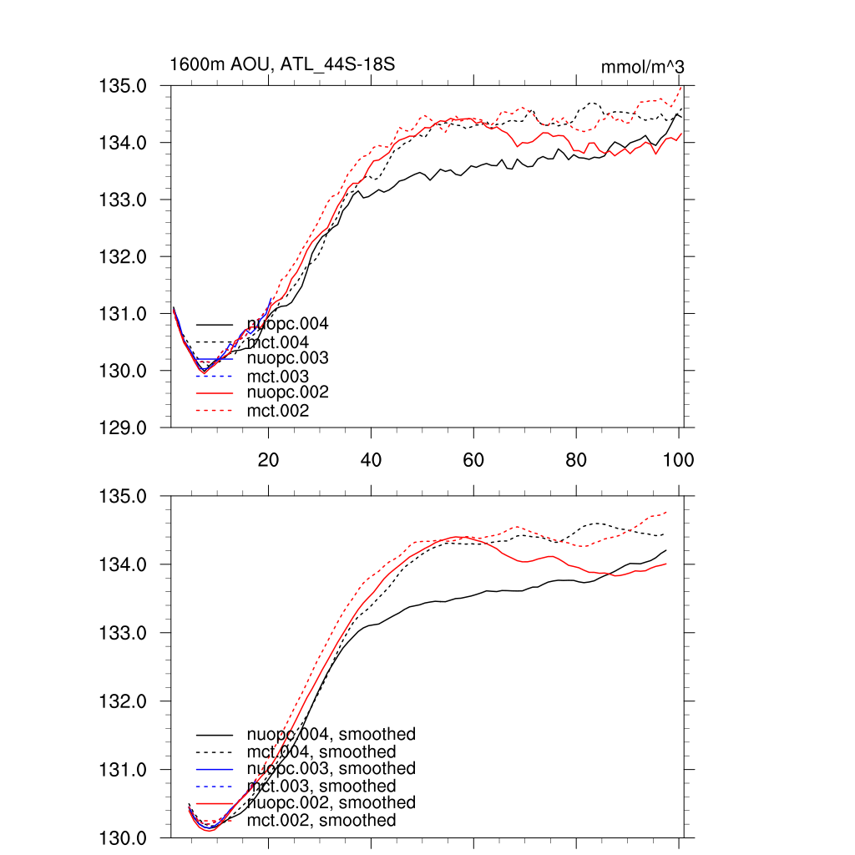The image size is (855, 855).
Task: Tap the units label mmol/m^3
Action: coord(643,66)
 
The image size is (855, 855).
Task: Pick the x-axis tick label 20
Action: coord(268,459)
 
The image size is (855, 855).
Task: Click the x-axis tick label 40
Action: coord(371,459)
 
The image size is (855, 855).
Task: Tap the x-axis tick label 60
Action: coord(473,459)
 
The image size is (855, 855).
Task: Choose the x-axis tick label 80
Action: coord(576,459)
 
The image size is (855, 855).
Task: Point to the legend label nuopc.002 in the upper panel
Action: coord(287,392)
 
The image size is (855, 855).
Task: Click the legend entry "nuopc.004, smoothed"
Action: coord(331,735)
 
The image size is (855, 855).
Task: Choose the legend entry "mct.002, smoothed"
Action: coord(321,821)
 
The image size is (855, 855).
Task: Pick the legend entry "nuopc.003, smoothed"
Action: coord(331,768)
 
